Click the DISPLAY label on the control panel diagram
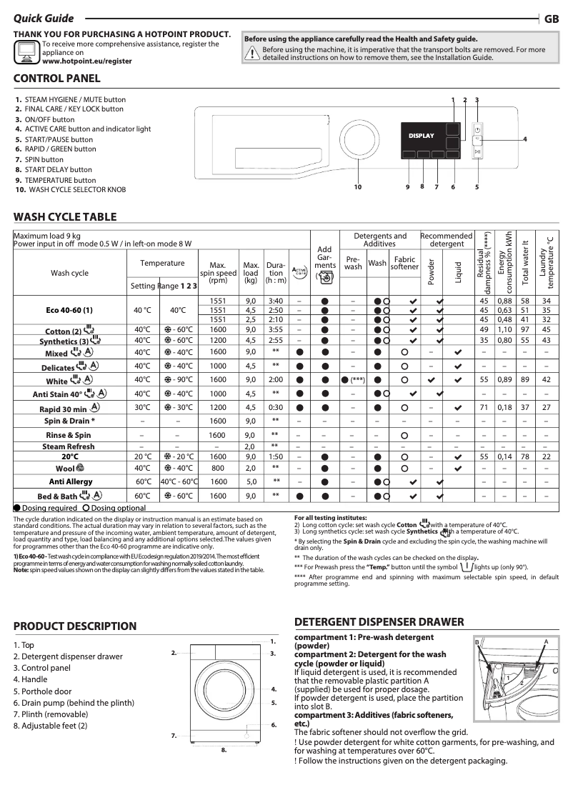click(421, 135)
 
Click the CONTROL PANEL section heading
click(57, 79)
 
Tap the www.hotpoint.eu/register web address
click(87, 61)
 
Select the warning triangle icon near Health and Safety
click(251, 53)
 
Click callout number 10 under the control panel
click(359, 187)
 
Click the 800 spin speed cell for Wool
click(218, 468)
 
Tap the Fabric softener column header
click(404, 263)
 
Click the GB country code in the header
click(552, 19)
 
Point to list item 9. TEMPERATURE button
click(60, 180)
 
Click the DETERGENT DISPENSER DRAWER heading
click(379, 622)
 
